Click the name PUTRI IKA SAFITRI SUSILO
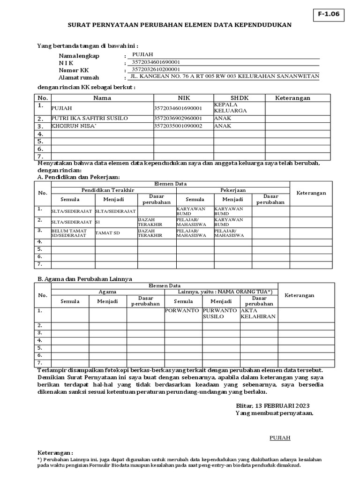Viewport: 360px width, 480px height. pos(90,118)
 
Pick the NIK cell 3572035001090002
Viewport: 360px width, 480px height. pos(178,126)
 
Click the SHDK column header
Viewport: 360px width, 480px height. pos(239,98)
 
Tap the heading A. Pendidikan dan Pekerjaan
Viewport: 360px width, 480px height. pos(79,177)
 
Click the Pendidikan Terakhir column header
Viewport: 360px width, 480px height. pos(108,190)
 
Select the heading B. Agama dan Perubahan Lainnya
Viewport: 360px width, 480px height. pos(84,278)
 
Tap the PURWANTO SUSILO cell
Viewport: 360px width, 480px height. pos(220,314)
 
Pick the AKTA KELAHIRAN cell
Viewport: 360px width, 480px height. pos(258,314)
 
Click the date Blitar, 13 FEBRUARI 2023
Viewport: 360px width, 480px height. pos(272,405)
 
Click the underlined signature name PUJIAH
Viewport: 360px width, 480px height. pos(280,438)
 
